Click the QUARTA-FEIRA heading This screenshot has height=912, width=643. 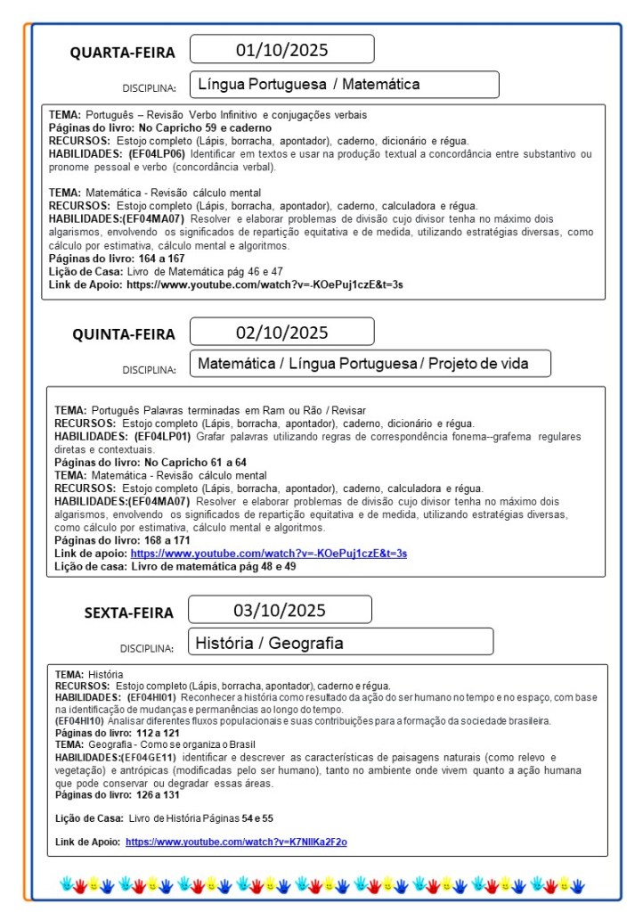click(x=123, y=53)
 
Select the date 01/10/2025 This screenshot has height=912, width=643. click(x=281, y=49)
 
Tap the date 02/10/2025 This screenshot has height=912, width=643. click(x=281, y=333)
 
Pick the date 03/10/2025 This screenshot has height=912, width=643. click(x=280, y=611)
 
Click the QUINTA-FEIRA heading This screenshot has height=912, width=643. click(x=124, y=335)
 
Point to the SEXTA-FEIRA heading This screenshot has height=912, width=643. click(x=129, y=612)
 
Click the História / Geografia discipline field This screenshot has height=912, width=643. click(x=341, y=642)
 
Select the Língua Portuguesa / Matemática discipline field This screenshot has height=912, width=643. click(x=344, y=85)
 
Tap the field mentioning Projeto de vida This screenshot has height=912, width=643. click(x=370, y=364)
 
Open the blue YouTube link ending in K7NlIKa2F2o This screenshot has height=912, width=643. click(x=236, y=842)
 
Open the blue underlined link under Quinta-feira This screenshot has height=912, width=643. click(x=268, y=554)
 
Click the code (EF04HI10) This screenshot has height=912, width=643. click(x=79, y=720)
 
